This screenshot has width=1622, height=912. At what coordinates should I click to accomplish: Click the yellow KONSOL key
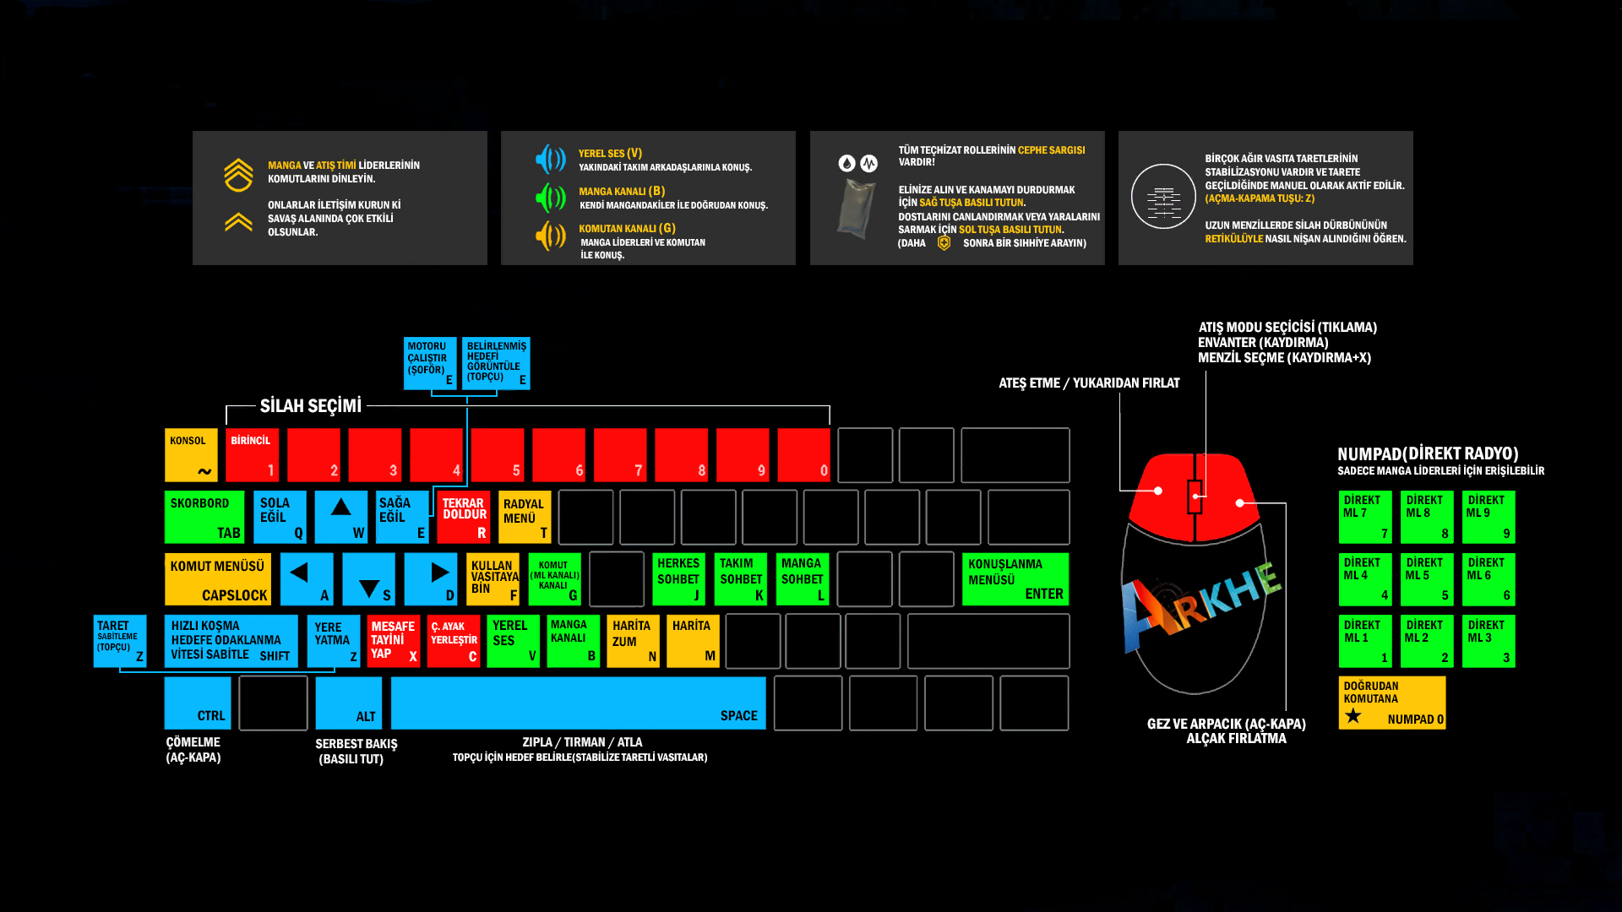[x=191, y=454]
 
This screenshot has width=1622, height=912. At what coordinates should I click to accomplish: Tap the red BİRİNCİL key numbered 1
[x=252, y=454]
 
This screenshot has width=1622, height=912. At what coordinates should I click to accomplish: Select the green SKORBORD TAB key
[x=204, y=517]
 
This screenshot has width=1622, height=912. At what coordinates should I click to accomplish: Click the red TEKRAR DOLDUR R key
[x=464, y=517]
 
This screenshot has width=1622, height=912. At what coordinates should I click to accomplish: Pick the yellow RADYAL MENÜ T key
[x=525, y=517]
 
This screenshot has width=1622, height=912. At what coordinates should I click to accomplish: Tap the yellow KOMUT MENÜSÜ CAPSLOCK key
[x=217, y=579]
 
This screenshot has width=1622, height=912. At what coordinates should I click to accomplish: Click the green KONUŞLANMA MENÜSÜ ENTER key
[x=1015, y=579]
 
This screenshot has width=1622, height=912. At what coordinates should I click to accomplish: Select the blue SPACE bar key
[x=578, y=703]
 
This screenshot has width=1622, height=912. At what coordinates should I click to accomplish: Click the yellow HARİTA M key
[x=693, y=641]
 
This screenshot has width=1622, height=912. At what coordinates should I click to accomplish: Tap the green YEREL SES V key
[x=513, y=641]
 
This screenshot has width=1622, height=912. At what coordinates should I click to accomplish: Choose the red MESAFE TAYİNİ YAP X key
[x=394, y=641]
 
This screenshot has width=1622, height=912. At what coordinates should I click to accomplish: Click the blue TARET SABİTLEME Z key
[x=119, y=641]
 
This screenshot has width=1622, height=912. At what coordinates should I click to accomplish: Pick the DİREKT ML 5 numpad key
[x=1426, y=579]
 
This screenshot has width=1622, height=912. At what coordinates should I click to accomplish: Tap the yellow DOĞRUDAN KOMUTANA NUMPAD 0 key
[x=1391, y=703]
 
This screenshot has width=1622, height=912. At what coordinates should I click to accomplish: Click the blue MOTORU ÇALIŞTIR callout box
[x=429, y=363]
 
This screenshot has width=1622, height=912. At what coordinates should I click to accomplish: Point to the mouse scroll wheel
[x=1195, y=497]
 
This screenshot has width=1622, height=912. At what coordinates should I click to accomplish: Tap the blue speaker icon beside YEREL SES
[x=550, y=159]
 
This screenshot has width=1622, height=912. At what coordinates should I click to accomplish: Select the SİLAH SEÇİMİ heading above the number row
[x=310, y=406]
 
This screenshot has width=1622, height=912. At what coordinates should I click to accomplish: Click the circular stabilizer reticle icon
[x=1163, y=196]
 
